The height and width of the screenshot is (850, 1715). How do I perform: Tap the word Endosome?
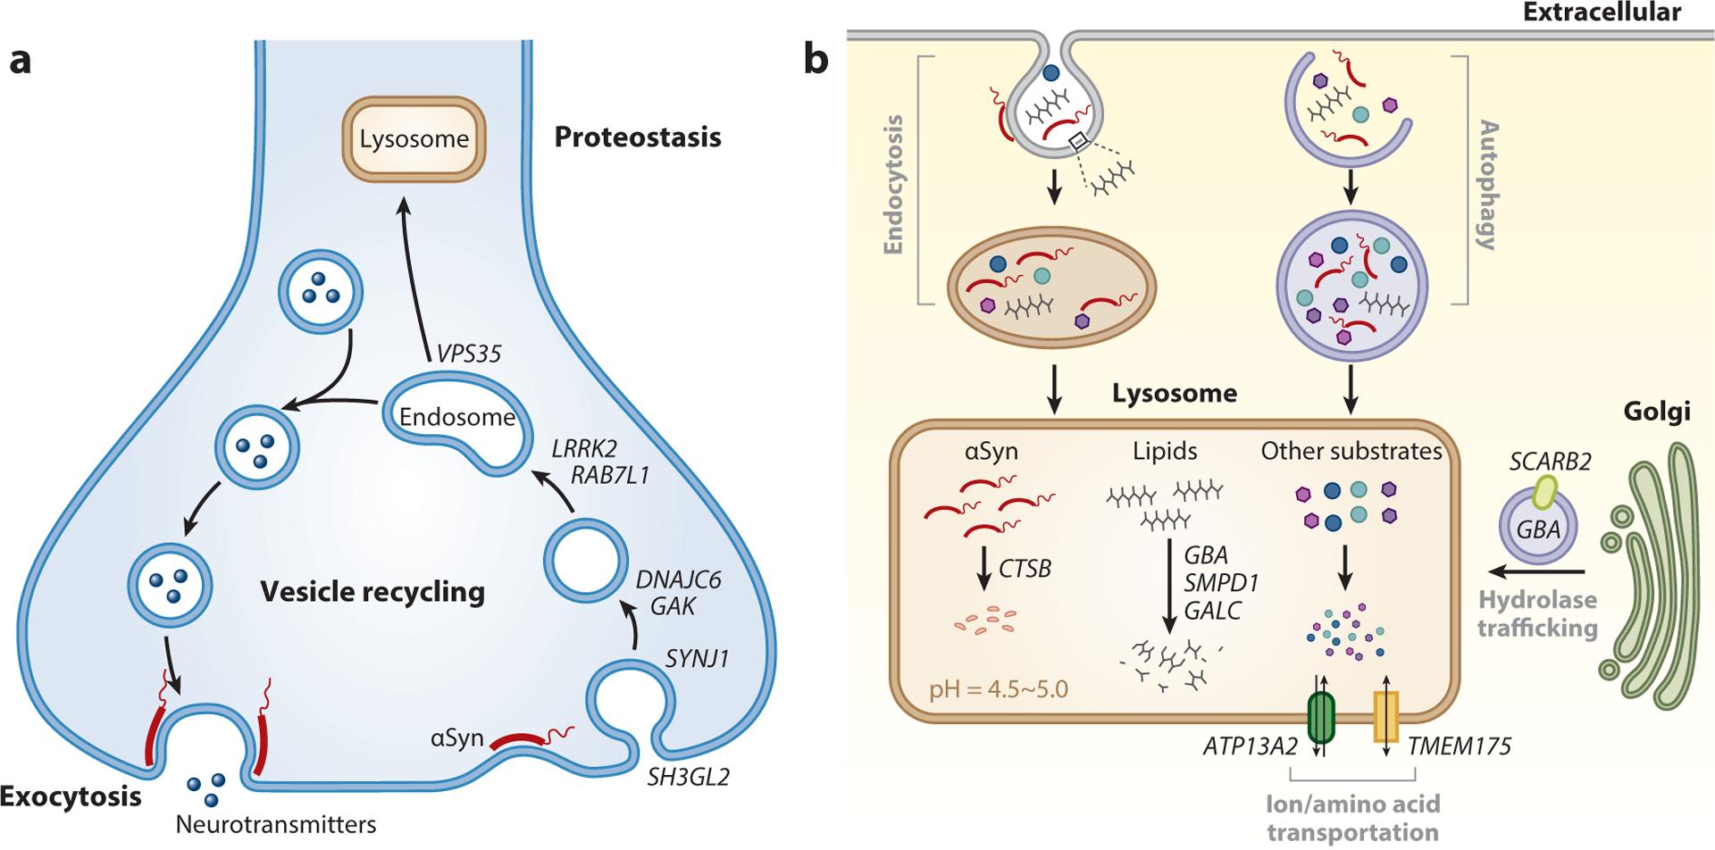click(457, 417)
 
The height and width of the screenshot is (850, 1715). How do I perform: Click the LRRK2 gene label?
click(586, 447)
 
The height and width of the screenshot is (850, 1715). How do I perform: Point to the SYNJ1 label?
click(697, 659)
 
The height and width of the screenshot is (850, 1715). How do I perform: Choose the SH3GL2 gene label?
click(689, 777)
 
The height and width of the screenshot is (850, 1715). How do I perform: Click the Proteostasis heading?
click(638, 137)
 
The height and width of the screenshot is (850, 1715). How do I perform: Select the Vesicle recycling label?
click(372, 591)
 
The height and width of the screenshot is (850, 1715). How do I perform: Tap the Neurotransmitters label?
click(276, 822)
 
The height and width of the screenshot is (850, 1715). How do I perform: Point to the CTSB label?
click(1025, 567)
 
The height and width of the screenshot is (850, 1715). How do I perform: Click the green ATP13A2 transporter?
click(1321, 720)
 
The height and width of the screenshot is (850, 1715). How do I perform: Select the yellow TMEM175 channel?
click(1385, 718)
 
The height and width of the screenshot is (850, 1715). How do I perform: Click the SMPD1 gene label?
click(1221, 582)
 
